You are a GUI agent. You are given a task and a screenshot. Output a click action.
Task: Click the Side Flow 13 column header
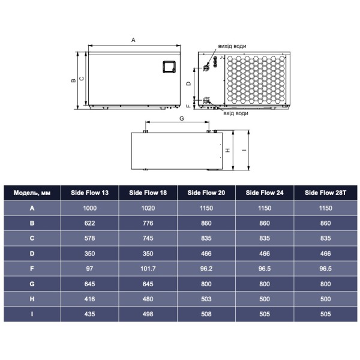[91, 193]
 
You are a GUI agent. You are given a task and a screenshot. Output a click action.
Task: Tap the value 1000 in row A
[91, 208]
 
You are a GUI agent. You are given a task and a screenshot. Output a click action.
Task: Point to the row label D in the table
[32, 254]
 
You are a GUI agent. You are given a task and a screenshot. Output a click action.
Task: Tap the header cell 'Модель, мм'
[32, 193]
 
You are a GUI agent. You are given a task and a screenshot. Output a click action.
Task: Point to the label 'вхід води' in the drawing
[235, 113]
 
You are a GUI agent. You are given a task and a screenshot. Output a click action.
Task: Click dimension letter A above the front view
[133, 40]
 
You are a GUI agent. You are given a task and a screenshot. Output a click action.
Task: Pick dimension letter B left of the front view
[73, 80]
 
